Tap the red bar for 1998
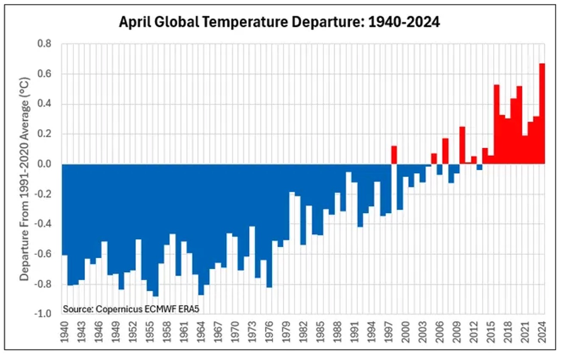(394, 155)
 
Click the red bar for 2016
(496, 125)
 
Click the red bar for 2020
(519, 125)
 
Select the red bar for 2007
(445, 151)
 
